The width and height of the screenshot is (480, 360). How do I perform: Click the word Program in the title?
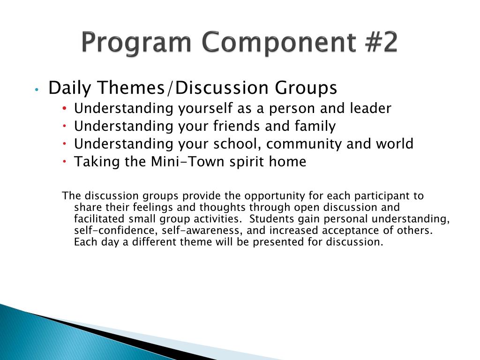136,43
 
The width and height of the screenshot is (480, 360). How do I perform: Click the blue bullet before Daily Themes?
37,90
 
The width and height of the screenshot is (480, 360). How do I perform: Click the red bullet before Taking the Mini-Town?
64,161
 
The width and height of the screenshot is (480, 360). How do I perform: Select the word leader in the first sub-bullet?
370,108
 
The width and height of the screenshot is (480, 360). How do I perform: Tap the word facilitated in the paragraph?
99,219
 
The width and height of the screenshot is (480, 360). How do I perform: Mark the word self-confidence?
116,231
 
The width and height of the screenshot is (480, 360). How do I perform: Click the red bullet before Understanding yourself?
64,108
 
